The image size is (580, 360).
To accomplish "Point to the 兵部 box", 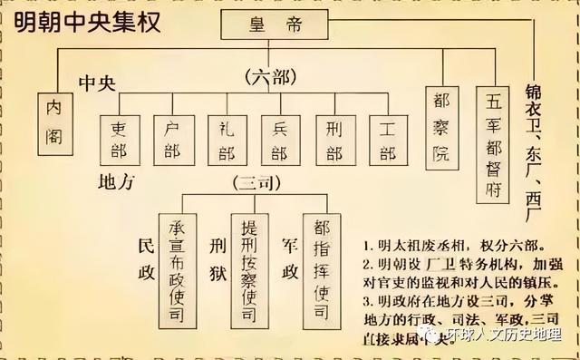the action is coord(280,140).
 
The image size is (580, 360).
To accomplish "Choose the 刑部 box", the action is coord(334,140).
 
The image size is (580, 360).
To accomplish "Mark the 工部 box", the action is coord(388,140).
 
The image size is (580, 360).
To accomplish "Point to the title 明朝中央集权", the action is coord(82,22).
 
